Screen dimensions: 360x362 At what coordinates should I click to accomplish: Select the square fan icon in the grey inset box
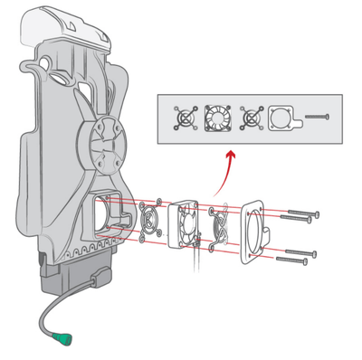pyautogui.click(x=217, y=118)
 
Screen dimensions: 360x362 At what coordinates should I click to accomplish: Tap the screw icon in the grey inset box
pyautogui.click(x=314, y=118)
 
